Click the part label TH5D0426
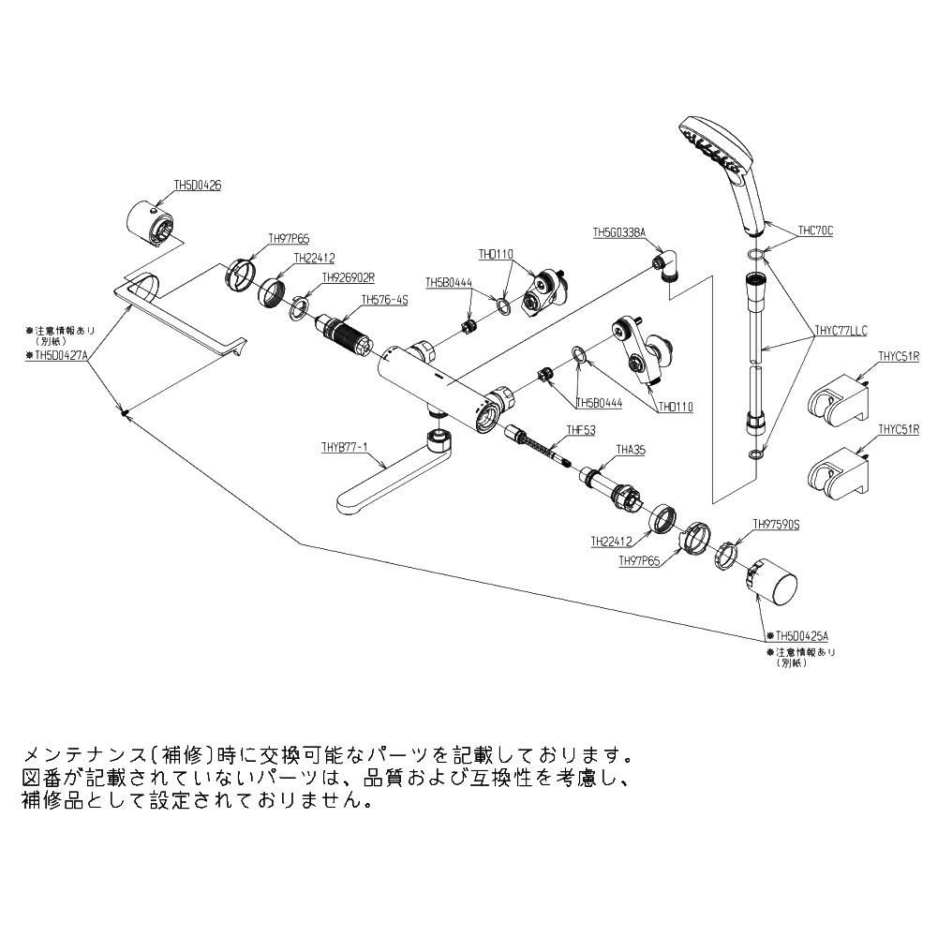tap(198, 186)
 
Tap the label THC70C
tap(814, 230)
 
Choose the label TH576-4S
tap(385, 301)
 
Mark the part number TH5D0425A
tap(799, 635)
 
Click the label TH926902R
tap(348, 277)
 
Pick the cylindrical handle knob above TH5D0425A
tap(774, 586)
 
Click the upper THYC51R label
tap(899, 356)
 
